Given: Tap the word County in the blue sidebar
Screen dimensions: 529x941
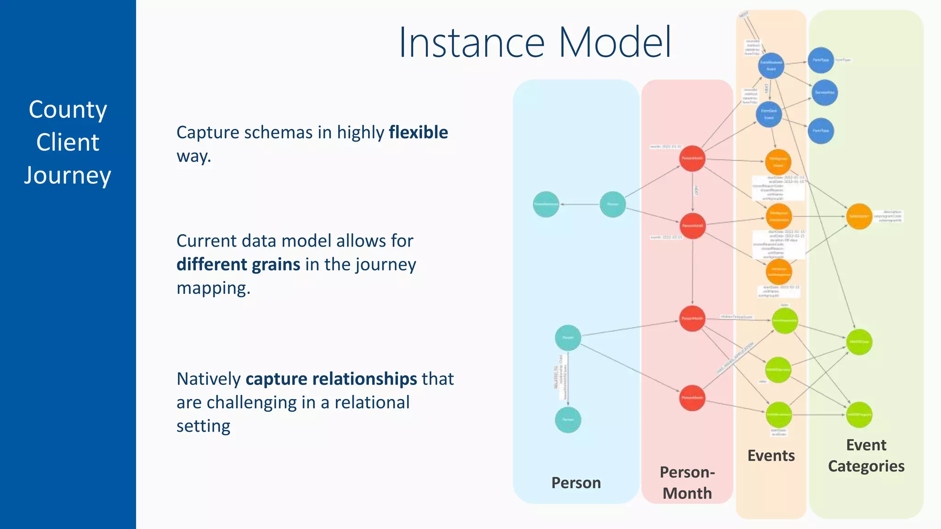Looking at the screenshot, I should tap(68, 110).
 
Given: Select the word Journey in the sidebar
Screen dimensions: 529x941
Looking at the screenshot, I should tap(68, 176).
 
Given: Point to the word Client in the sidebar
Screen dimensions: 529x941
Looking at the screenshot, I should tap(68, 143).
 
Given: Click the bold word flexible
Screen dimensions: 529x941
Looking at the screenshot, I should tap(418, 133).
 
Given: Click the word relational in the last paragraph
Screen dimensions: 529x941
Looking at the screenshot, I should tap(372, 403).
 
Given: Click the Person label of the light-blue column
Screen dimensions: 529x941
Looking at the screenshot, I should tap(576, 483).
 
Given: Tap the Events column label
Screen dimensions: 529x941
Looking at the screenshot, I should tap(771, 456).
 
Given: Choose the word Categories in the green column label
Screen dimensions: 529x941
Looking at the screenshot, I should tap(866, 467).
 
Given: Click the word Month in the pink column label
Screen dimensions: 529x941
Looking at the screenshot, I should tap(687, 494).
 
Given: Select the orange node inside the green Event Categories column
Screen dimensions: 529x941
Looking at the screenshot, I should tap(859, 216).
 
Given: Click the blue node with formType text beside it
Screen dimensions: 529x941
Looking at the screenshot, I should tap(821, 60).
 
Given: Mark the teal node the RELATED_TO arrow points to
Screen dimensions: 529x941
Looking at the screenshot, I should tap(568, 420).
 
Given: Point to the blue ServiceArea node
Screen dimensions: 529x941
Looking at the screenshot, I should tap(824, 93).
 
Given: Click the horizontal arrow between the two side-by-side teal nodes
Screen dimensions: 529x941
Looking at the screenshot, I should tap(580, 204).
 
